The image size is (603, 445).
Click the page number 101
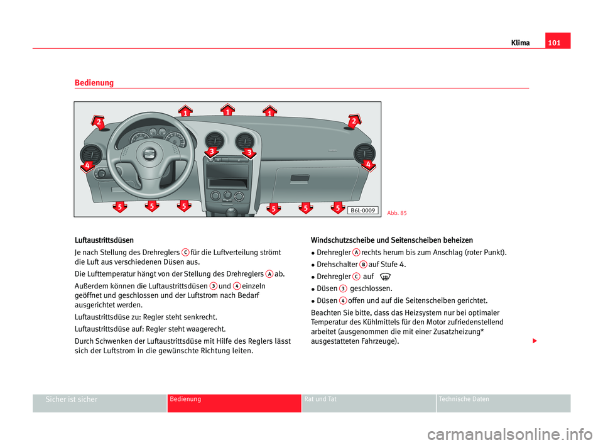(558, 43)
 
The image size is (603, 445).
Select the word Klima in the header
(520, 43)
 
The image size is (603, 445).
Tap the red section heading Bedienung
(94, 83)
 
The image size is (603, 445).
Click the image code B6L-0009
(362, 210)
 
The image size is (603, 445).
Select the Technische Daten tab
(465, 400)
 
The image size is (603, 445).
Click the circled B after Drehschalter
(363, 265)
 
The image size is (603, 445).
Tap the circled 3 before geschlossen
(344, 288)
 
